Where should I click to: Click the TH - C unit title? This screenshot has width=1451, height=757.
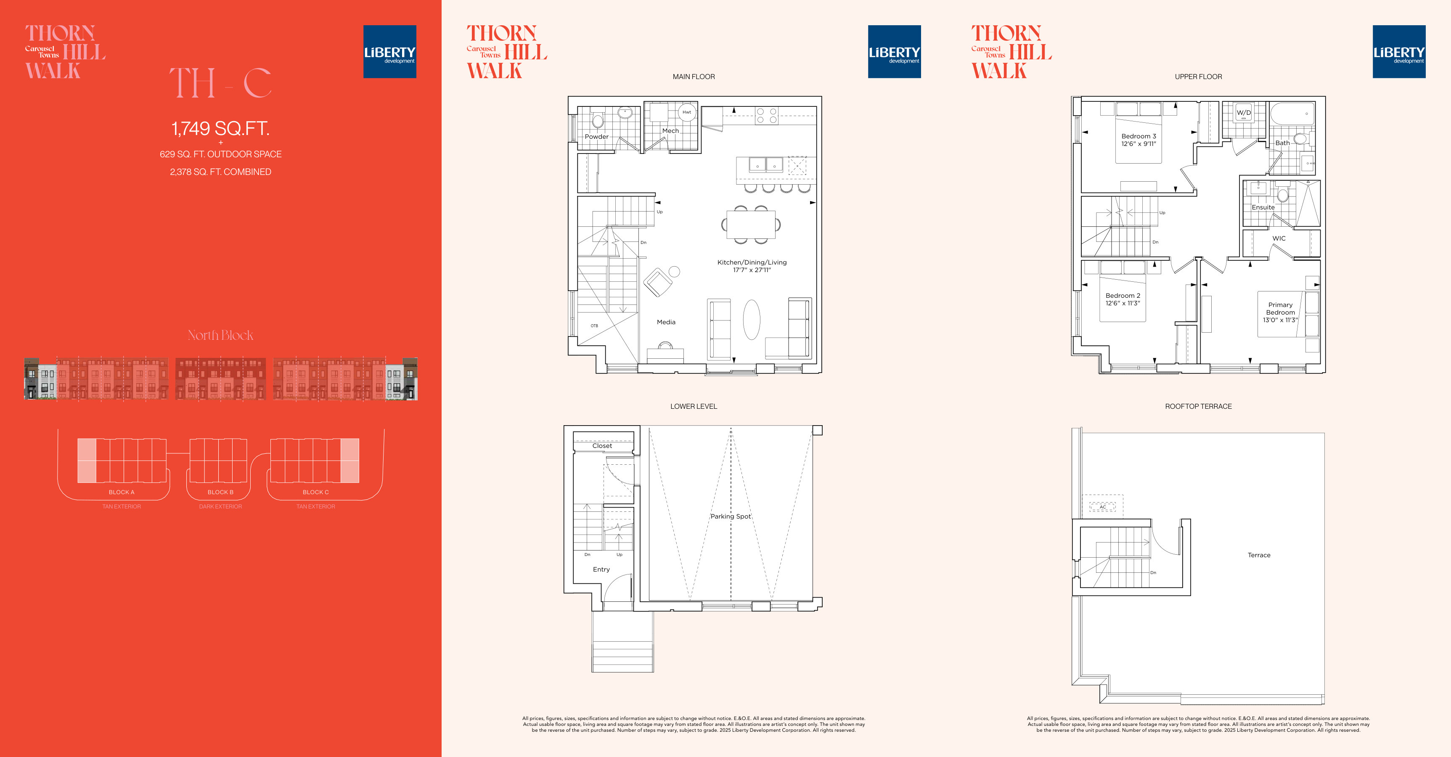220,83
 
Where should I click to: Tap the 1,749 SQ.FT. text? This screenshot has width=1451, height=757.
220,128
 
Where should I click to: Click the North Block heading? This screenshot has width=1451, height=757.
220,335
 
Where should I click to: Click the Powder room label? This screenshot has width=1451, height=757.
596,137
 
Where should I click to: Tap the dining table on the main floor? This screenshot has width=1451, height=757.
751,224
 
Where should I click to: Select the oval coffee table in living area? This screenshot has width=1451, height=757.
752,319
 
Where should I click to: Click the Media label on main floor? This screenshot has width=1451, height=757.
666,322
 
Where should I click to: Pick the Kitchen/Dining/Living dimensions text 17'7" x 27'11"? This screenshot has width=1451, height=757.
752,270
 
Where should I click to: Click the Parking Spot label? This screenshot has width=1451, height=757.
731,516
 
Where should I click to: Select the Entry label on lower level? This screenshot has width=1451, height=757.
601,569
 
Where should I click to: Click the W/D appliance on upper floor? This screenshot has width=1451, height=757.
1244,113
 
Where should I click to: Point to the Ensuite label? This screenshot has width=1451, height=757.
1263,207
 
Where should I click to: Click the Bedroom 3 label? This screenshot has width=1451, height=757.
1139,136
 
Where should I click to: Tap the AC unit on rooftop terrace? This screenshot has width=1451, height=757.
1102,507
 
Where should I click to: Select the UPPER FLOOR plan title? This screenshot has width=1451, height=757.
1198,77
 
